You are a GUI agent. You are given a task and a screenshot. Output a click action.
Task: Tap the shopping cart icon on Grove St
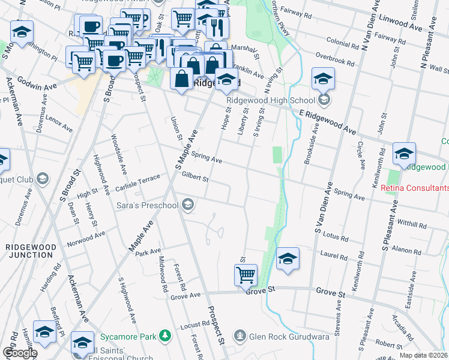tap(246, 275)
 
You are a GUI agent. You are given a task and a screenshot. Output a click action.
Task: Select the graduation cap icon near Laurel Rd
tap(288, 259)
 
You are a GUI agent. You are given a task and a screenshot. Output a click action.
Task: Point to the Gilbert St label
tap(194, 177)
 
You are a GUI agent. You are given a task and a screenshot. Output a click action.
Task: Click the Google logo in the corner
tap(19, 353)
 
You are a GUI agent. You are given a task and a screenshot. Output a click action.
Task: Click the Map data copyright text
tap(423, 355)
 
